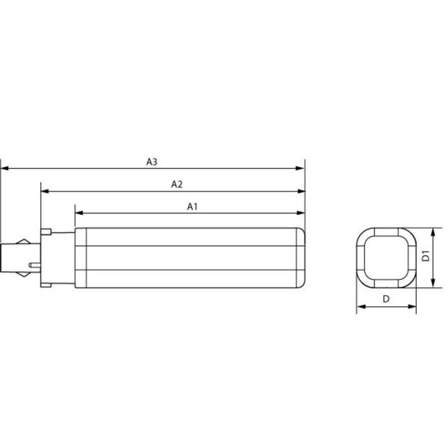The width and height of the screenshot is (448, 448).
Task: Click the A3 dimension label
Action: click(152, 161)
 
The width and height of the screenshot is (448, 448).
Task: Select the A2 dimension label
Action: click(177, 184)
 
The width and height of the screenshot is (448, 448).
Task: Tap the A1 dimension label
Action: click(192, 206)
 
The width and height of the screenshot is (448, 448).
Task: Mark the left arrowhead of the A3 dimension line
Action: click(4, 169)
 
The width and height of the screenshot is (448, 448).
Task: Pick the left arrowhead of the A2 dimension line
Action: click(44, 191)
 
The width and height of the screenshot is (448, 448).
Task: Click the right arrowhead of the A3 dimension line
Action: click(302, 169)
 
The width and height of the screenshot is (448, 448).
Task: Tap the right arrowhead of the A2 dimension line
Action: click(302, 191)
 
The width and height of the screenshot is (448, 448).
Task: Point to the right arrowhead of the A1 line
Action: click(302, 214)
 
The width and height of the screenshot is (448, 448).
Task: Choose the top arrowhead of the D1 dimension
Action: click(435, 231)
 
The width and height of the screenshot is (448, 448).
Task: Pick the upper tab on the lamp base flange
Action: click(47, 233)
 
